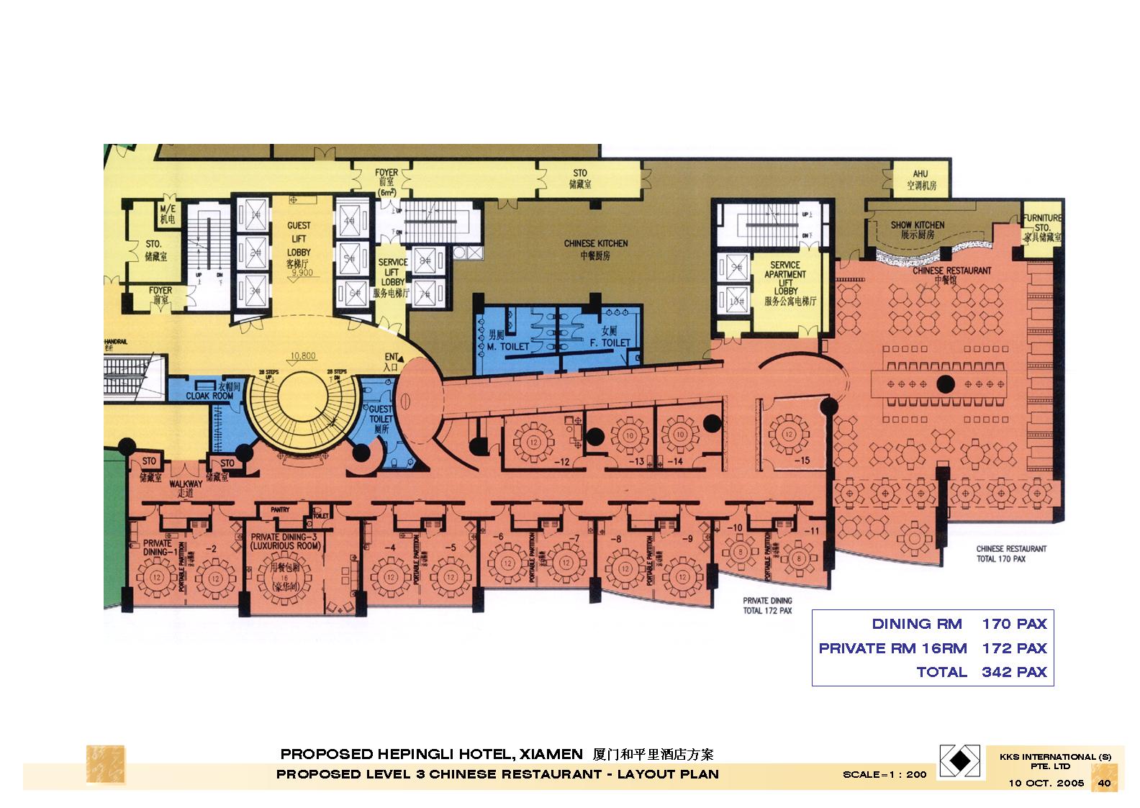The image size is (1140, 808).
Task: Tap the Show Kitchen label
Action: click(x=918, y=230)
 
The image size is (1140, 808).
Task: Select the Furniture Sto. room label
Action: click(x=1042, y=227)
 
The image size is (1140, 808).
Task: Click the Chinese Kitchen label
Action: click(x=595, y=249)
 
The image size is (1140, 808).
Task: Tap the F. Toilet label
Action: click(x=609, y=337)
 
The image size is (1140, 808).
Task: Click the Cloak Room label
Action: click(x=209, y=395)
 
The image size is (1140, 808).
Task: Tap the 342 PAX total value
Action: click(x=1013, y=672)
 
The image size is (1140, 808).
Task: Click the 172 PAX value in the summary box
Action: click(x=1013, y=648)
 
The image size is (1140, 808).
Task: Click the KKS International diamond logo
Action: click(x=961, y=761)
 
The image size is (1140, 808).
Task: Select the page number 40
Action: click(x=1103, y=783)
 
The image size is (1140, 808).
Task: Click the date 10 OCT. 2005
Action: click(x=1045, y=783)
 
